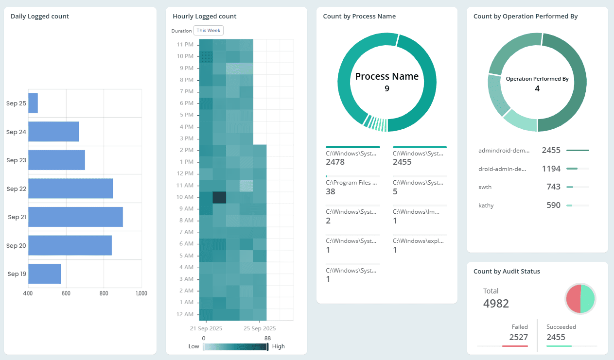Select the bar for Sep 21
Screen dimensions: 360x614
tap(75, 217)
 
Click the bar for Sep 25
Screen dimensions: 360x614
tap(33, 103)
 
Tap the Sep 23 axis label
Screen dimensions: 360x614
tap(16, 160)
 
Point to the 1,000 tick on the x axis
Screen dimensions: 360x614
tap(141, 293)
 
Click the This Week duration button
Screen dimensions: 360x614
tap(209, 31)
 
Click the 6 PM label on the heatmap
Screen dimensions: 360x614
tap(186, 103)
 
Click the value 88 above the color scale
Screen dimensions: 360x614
tap(267, 338)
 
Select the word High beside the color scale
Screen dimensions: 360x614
tap(279, 346)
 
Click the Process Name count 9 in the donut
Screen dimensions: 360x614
tap(387, 88)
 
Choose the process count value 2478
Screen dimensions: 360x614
tap(335, 162)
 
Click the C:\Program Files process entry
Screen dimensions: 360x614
tap(351, 183)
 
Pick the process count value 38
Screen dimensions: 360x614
tap(330, 191)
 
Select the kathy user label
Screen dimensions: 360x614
tap(486, 206)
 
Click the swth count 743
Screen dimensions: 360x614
tap(553, 187)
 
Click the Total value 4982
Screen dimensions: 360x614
tap(496, 304)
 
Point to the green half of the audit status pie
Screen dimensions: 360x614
tap(588, 298)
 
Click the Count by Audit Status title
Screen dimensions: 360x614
tap(507, 272)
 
